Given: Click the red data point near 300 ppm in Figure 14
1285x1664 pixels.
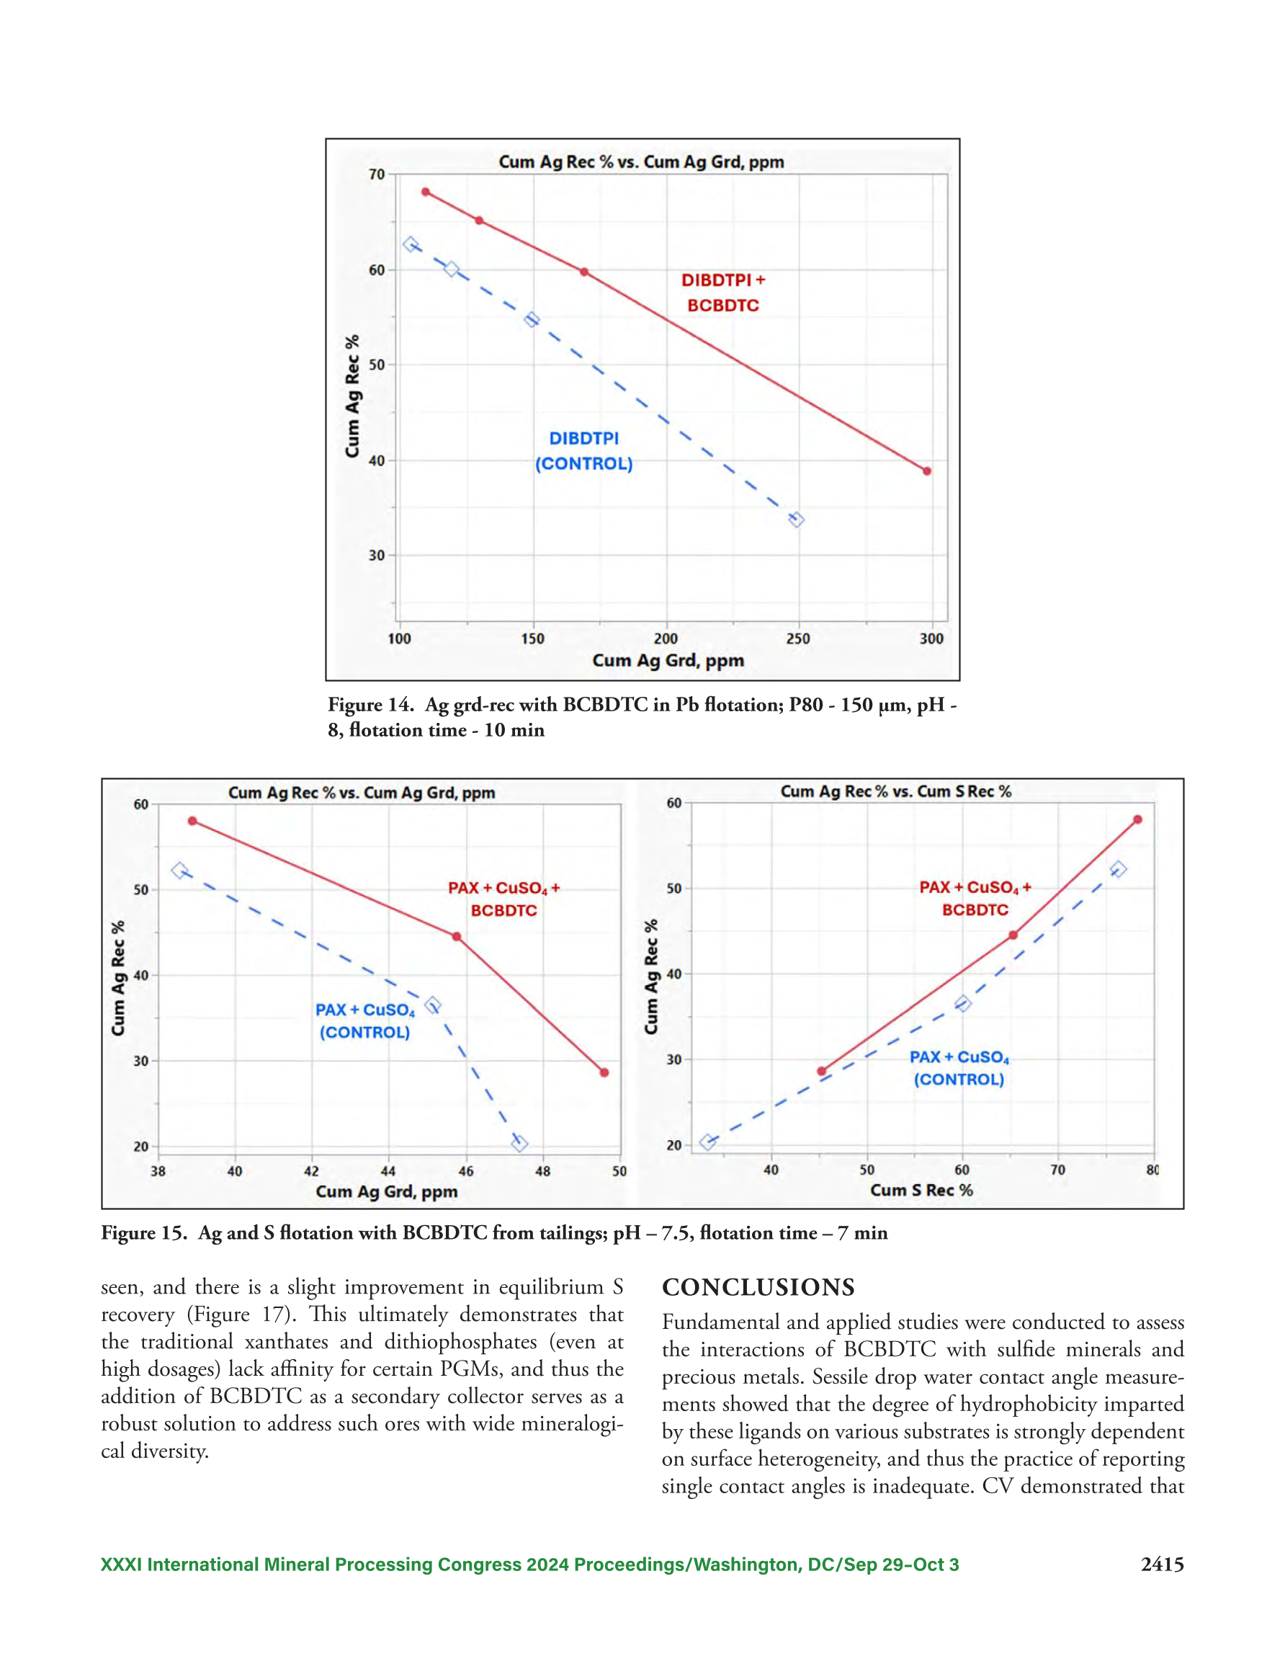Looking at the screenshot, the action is pyautogui.click(x=927, y=471).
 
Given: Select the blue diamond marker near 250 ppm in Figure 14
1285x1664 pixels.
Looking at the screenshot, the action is pyautogui.click(x=796, y=520).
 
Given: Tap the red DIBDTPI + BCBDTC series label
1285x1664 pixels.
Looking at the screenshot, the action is pyautogui.click(x=723, y=293).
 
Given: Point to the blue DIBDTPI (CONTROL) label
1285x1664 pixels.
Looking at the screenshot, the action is pyautogui.click(x=584, y=451).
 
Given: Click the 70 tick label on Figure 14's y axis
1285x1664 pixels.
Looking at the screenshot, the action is pyautogui.click(x=377, y=174).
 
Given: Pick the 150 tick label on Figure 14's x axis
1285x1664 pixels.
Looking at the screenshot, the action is pyautogui.click(x=532, y=639).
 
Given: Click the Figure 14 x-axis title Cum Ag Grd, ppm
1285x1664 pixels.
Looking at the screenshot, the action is pyautogui.click(x=668, y=661).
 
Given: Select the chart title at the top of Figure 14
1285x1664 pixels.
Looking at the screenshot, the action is pyautogui.click(x=641, y=161).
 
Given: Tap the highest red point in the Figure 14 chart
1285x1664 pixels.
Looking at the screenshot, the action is pyautogui.click(x=426, y=192).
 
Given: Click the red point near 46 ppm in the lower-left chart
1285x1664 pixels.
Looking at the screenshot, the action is pyautogui.click(x=457, y=936).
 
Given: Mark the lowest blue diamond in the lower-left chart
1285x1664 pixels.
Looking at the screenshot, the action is pyautogui.click(x=519, y=1144).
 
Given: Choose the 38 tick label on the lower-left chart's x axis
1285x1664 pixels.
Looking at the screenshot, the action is pyautogui.click(x=158, y=1171).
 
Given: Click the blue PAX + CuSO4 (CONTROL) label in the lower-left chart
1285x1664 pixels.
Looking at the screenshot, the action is pyautogui.click(x=365, y=1021).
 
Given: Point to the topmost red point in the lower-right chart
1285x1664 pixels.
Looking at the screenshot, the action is pyautogui.click(x=1138, y=820).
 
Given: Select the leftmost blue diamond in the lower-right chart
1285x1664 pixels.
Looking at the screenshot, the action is pyautogui.click(x=707, y=1142).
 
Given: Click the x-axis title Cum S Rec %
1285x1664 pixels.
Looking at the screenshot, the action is pyautogui.click(x=921, y=1190).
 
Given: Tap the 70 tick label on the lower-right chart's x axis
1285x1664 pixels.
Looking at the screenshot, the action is pyautogui.click(x=1058, y=1170).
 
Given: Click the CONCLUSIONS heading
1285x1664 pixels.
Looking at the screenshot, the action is pyautogui.click(x=758, y=1288).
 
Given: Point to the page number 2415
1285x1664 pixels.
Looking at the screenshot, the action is pyautogui.click(x=1163, y=1565).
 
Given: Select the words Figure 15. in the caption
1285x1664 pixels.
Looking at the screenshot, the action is pyautogui.click(x=144, y=1233).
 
